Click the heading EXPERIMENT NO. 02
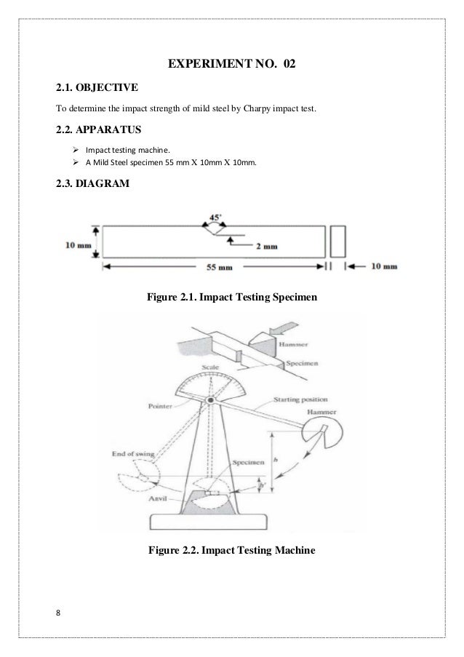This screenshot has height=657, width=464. tap(232, 66)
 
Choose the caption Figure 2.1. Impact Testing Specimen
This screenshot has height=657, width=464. tap(232, 296)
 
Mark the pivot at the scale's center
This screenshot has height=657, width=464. tap(210, 401)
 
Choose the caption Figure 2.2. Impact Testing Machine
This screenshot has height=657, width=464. tap(232, 551)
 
